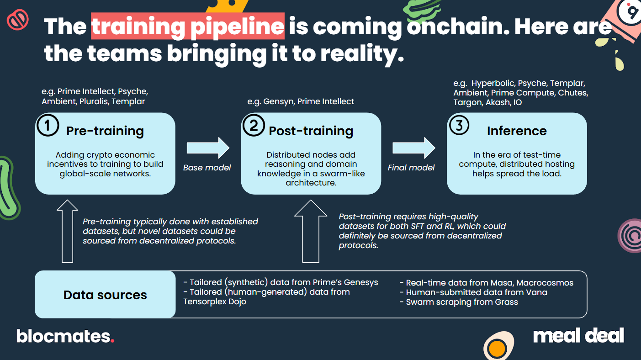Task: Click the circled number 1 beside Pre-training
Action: point(48,125)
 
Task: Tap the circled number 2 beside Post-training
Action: point(254,125)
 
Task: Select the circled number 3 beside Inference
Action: point(459,125)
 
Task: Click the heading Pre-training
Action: point(105,131)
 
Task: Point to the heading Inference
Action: point(517,131)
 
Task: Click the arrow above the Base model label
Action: point(208,148)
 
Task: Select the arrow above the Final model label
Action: point(414,148)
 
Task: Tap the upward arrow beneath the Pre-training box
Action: point(68,231)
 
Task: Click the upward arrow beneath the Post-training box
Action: point(311,231)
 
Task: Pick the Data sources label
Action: point(105,295)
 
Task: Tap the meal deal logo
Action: point(578,335)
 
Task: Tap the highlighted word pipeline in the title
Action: point(237,27)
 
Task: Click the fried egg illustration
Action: point(498,346)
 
